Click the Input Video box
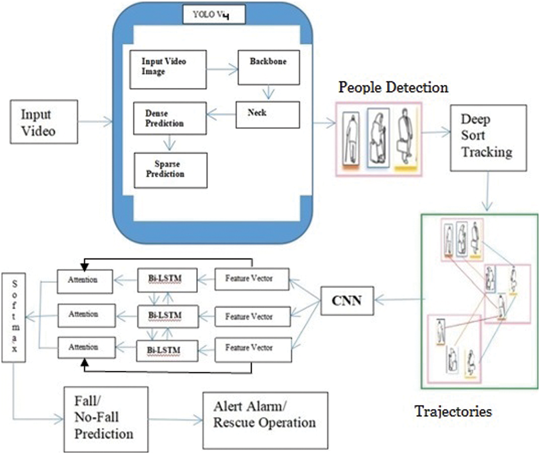pyautogui.click(x=44, y=122)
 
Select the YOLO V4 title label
pyautogui.click(x=214, y=15)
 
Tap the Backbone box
pyautogui.click(x=269, y=68)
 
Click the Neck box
pyautogui.click(x=267, y=115)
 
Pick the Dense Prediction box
pyautogui.click(x=170, y=118)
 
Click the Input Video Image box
pyautogui.click(x=168, y=70)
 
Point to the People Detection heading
pyautogui.click(x=393, y=88)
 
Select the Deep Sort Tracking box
pyautogui.click(x=488, y=138)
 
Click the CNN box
pyautogui.click(x=347, y=301)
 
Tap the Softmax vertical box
pyautogui.click(x=14, y=317)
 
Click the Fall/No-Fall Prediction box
pyautogui.click(x=106, y=419)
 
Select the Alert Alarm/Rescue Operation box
pyautogui.click(x=265, y=420)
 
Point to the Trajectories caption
pyautogui.click(x=453, y=411)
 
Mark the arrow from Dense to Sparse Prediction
pyautogui.click(x=169, y=143)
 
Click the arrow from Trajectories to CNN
pyautogui.click(x=398, y=299)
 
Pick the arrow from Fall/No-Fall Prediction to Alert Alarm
pyautogui.click(x=175, y=419)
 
